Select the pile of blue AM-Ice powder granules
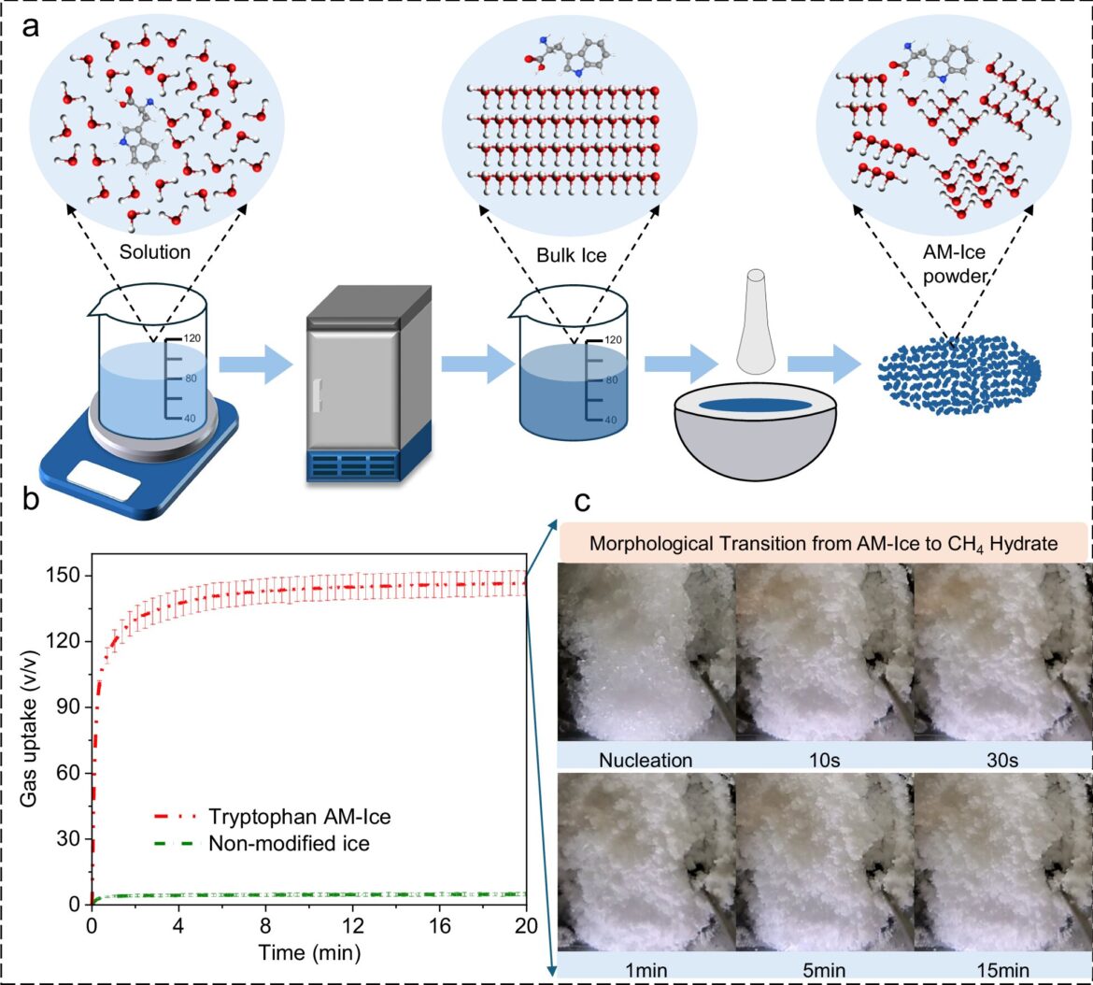coord(958,374)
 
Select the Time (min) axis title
coord(309,952)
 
